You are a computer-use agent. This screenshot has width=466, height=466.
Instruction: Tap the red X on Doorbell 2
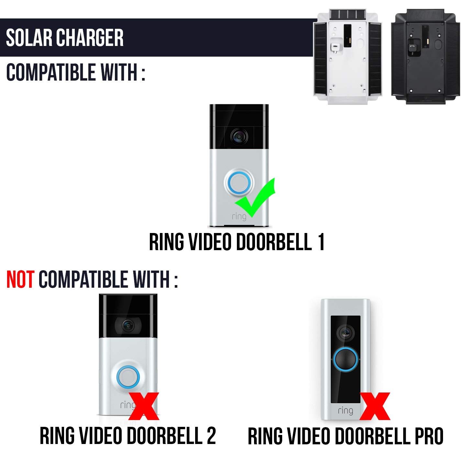tap(144, 406)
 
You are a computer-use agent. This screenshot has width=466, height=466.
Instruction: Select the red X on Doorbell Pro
tap(375, 406)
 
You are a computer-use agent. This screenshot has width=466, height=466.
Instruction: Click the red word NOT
tap(20, 280)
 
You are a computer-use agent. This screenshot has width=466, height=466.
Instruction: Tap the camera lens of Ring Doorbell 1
tap(239, 137)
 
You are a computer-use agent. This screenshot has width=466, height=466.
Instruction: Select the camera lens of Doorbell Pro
tap(345, 333)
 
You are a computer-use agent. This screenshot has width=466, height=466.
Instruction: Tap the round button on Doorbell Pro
tap(345, 360)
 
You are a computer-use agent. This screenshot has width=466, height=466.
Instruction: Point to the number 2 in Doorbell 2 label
tap(211, 436)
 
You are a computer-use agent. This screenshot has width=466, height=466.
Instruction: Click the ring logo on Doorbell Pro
tap(345, 411)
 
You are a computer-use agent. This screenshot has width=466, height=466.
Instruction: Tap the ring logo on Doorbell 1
tap(239, 216)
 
